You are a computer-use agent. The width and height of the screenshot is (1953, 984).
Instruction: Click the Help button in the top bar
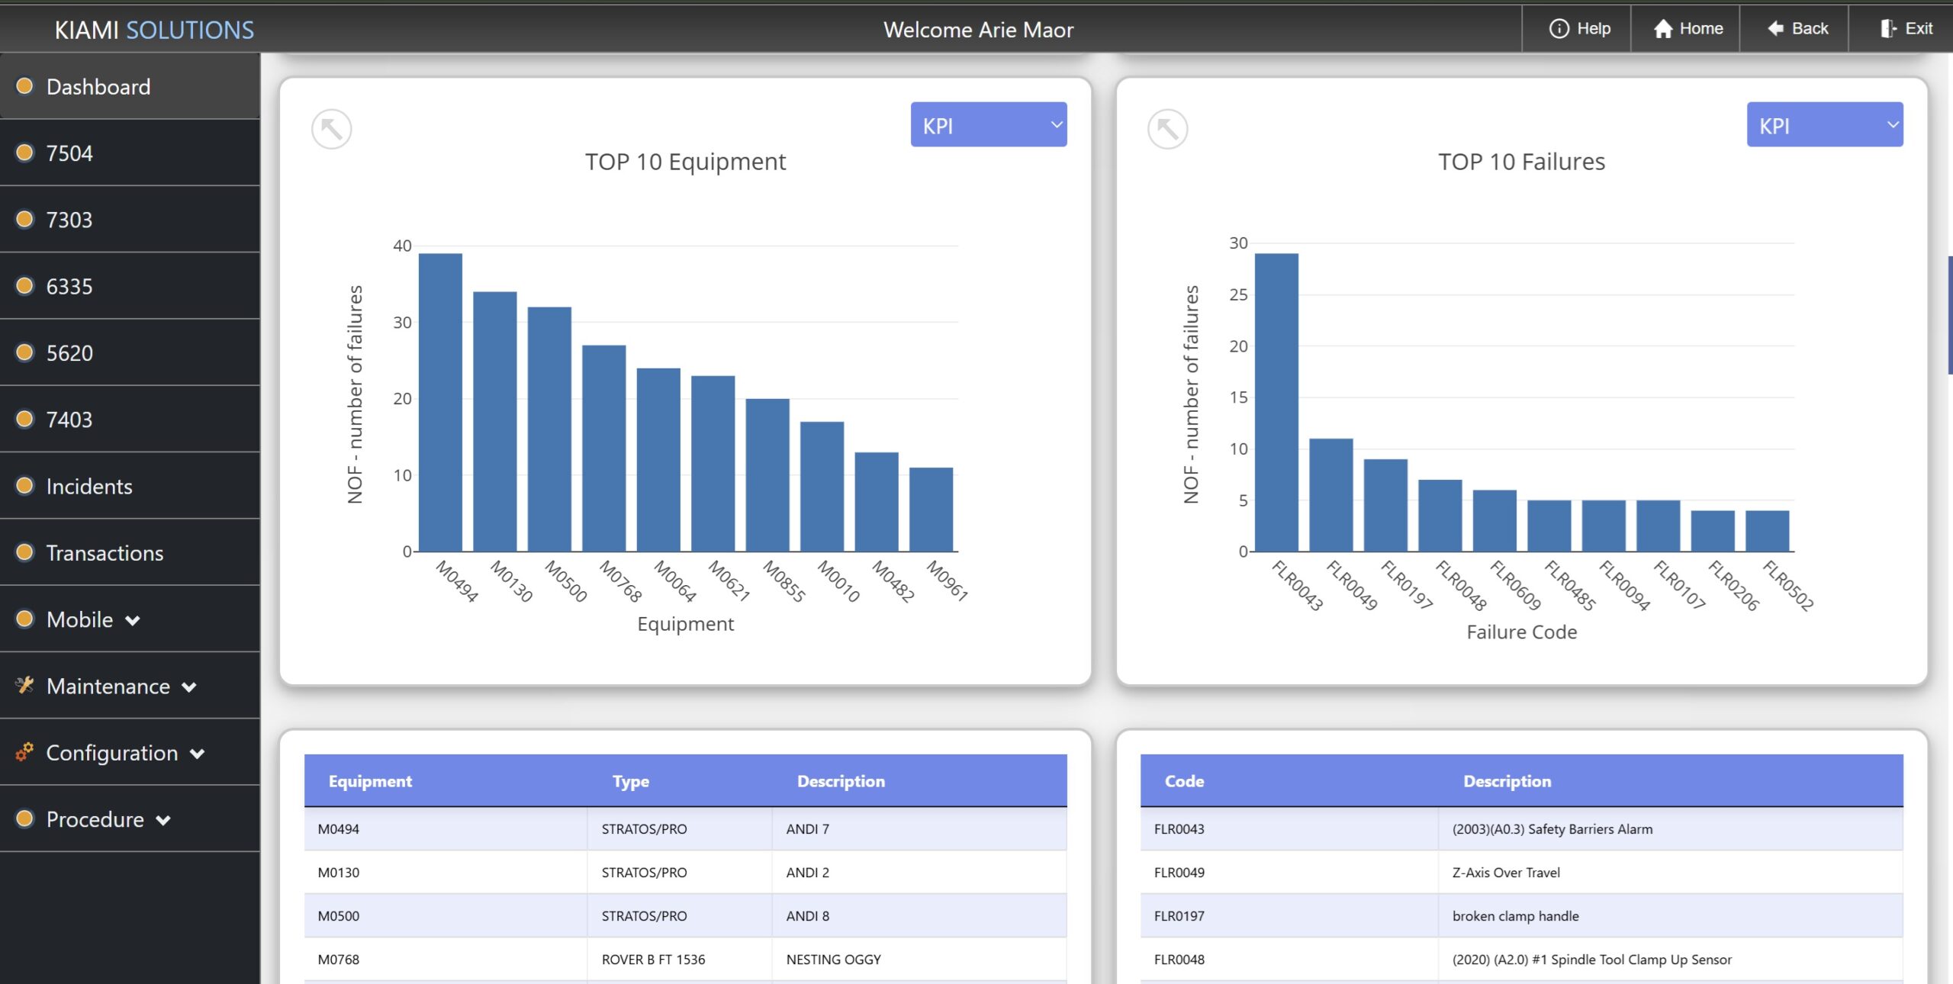[x=1579, y=29]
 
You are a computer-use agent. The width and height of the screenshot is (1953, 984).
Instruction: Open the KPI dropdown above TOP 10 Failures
[x=1824, y=125]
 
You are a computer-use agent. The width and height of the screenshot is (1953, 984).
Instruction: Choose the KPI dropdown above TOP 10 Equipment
[x=988, y=125]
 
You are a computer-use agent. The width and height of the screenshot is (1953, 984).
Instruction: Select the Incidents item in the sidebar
[x=89, y=486]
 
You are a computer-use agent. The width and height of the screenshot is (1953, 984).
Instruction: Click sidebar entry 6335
[x=69, y=286]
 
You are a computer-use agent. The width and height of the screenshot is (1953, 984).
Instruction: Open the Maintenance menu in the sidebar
[x=108, y=686]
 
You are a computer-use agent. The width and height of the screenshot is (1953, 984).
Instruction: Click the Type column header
[x=630, y=781]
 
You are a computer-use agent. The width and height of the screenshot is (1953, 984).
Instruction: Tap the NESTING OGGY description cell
[x=833, y=960]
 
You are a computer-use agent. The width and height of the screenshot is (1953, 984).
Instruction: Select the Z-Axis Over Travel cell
[x=1506, y=873]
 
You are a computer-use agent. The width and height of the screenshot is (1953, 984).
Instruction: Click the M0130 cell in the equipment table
[x=339, y=873]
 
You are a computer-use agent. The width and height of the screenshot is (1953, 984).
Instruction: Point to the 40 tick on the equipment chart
[x=402, y=246]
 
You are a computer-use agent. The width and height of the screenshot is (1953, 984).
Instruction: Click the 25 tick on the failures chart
[x=1238, y=294]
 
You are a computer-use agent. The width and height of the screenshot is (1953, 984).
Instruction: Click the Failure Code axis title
[x=1521, y=632]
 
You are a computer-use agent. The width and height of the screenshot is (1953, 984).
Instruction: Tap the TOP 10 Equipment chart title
[x=685, y=162]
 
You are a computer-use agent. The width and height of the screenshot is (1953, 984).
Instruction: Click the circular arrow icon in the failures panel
[x=1167, y=129]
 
